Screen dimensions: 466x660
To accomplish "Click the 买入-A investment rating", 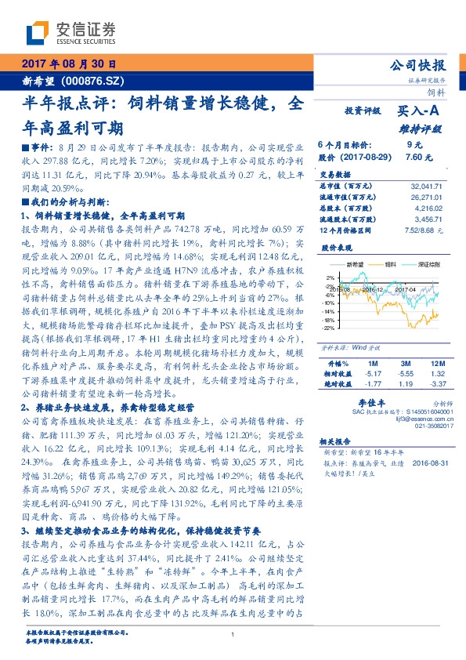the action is (x=419, y=112).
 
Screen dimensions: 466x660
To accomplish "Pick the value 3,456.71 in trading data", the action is (x=428, y=222).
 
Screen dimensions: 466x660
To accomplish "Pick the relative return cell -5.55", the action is (x=405, y=374).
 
